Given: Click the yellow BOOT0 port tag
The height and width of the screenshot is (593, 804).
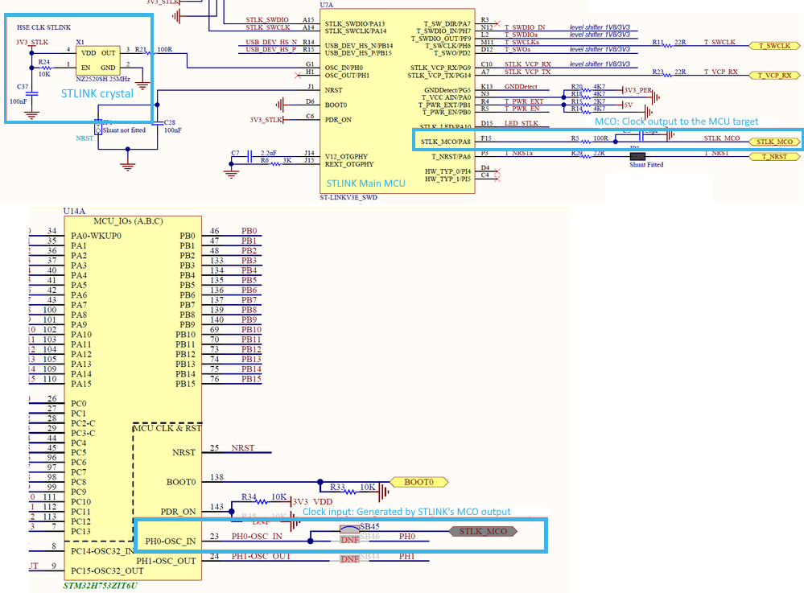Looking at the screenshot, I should coord(418,483).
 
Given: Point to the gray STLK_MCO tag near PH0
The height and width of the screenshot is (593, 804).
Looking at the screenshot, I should coord(484,532).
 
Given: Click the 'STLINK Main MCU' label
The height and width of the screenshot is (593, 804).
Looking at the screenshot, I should coord(366,183).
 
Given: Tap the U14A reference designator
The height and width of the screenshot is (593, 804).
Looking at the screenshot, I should coord(73,212).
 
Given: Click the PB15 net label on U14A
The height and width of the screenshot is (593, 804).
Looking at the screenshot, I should coord(251,379).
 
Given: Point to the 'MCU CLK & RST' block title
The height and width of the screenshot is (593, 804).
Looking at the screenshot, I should coord(167,429).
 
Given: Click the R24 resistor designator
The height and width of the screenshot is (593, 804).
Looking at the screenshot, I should coord(43,62).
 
